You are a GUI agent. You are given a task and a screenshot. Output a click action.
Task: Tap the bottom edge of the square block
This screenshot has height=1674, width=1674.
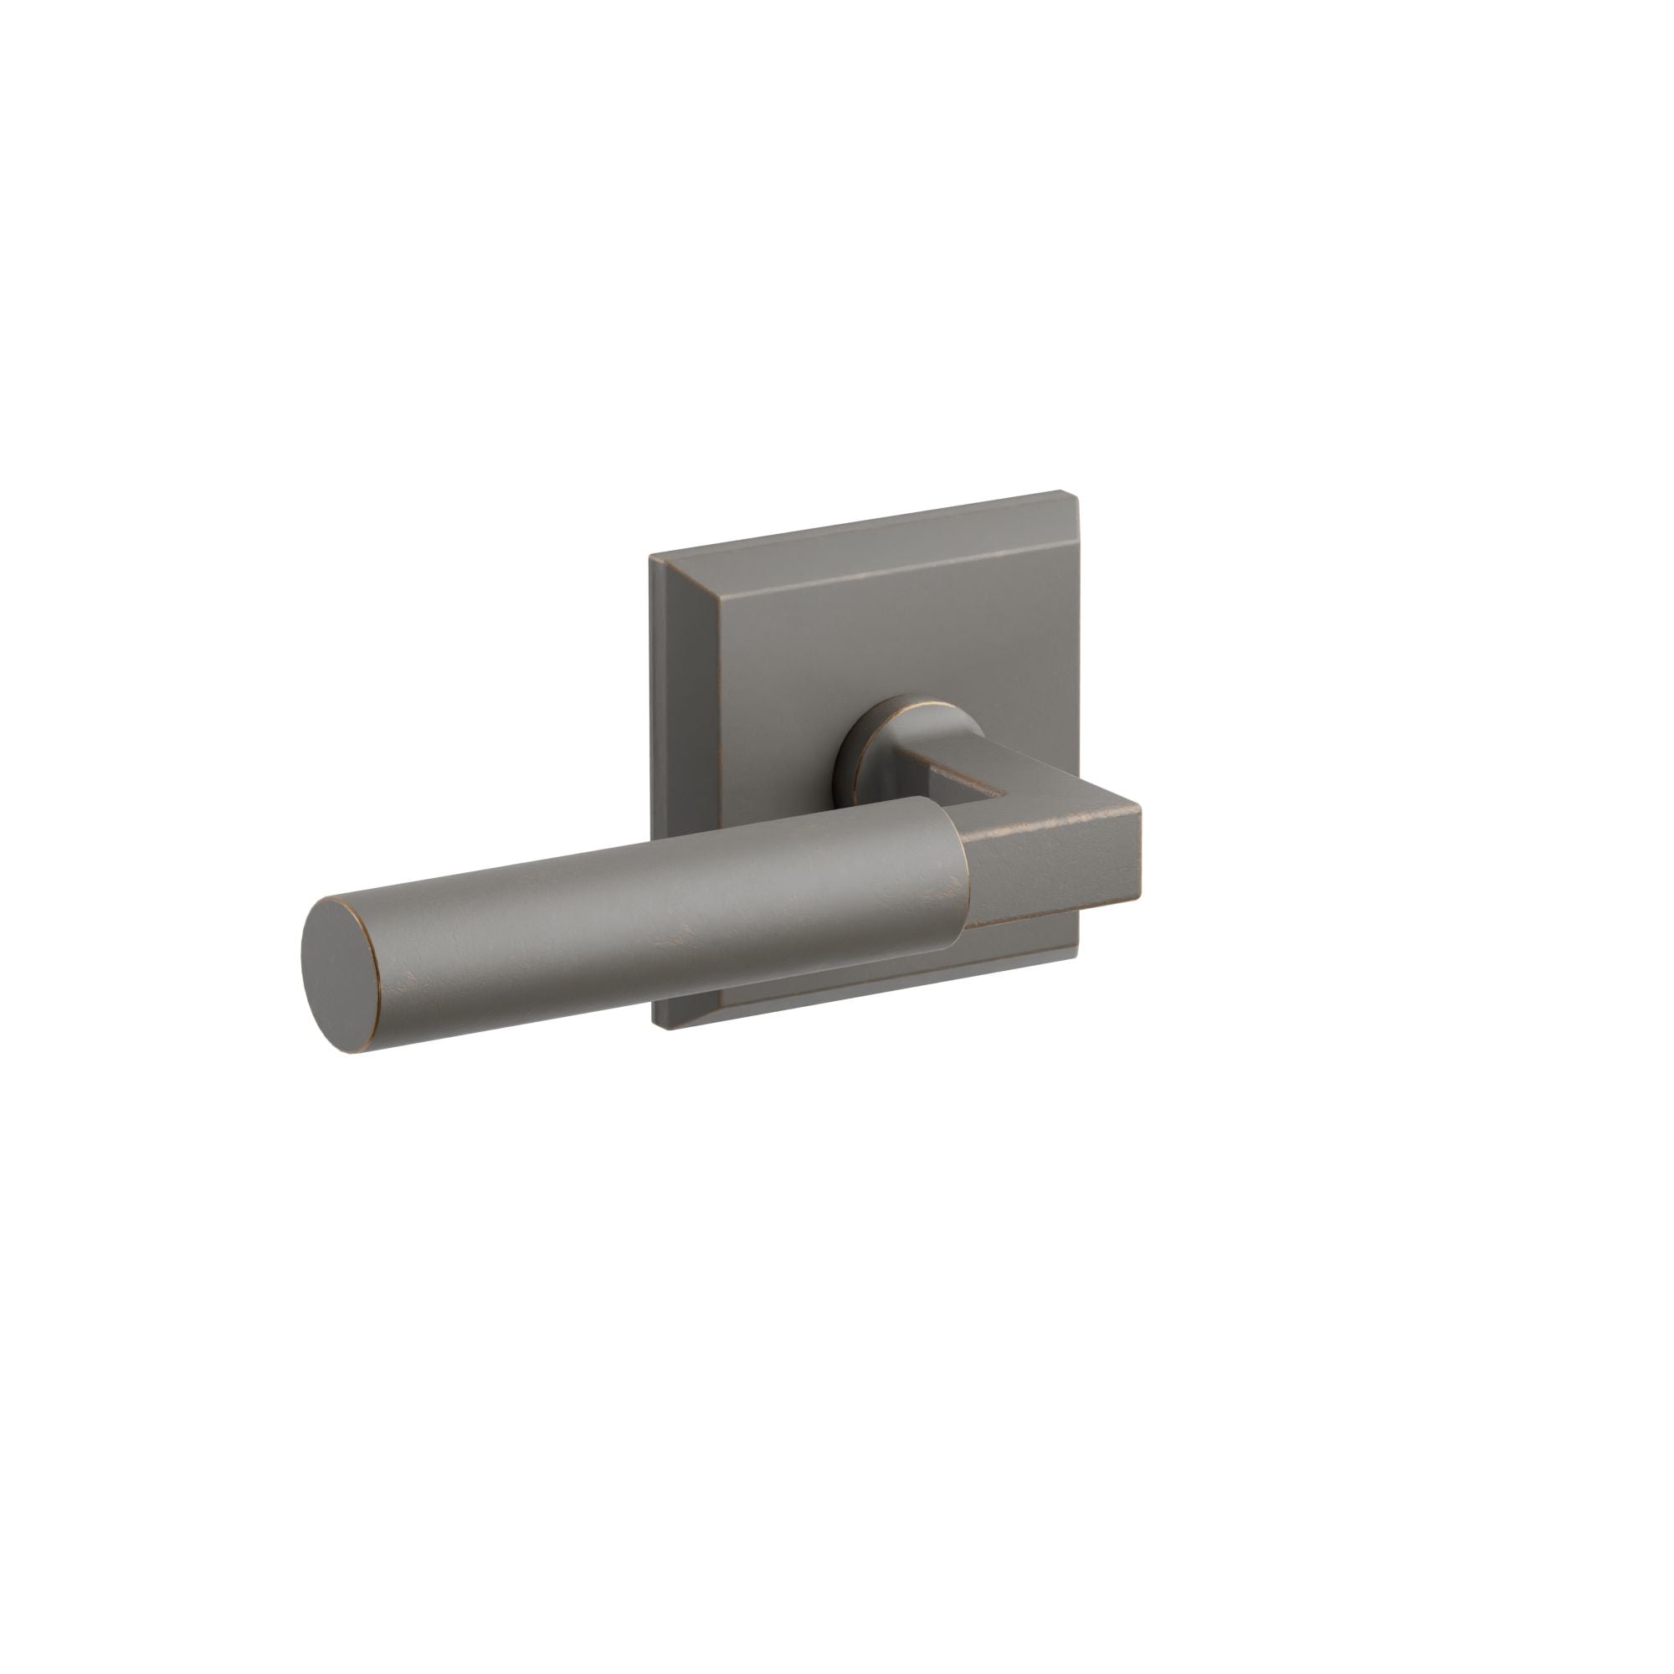click(1053, 914)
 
